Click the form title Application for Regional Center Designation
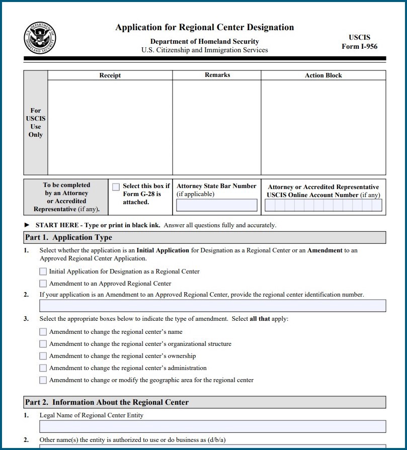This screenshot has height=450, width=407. pyautogui.click(x=204, y=27)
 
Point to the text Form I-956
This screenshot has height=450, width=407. pyautogui.click(x=359, y=47)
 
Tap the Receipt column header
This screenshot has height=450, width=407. pyautogui.click(x=110, y=75)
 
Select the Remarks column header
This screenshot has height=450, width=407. pyautogui.click(x=217, y=75)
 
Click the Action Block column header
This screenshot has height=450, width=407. pyautogui.click(x=323, y=75)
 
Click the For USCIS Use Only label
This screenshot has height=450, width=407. pyautogui.click(x=36, y=123)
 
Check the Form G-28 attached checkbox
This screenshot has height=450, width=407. pyautogui.click(x=116, y=187)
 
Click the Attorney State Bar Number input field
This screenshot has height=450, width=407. pyautogui.click(x=216, y=205)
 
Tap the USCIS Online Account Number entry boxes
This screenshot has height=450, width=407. pyautogui.click(x=323, y=205)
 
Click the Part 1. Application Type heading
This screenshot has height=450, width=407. pyautogui.click(x=69, y=237)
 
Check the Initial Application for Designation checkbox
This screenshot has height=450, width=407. pyautogui.click(x=43, y=272)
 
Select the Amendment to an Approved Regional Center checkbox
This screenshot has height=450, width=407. pyautogui.click(x=43, y=284)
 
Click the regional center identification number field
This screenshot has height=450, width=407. pyautogui.click(x=212, y=306)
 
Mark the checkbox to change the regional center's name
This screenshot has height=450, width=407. pyautogui.click(x=43, y=332)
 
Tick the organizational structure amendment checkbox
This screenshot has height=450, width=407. pyautogui.click(x=43, y=344)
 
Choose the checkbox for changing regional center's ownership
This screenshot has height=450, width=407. pyautogui.click(x=43, y=356)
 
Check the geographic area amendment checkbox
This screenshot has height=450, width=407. pyautogui.click(x=43, y=380)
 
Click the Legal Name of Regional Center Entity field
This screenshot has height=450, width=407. pyautogui.click(x=212, y=426)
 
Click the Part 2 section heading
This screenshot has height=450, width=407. pyautogui.click(x=107, y=402)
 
